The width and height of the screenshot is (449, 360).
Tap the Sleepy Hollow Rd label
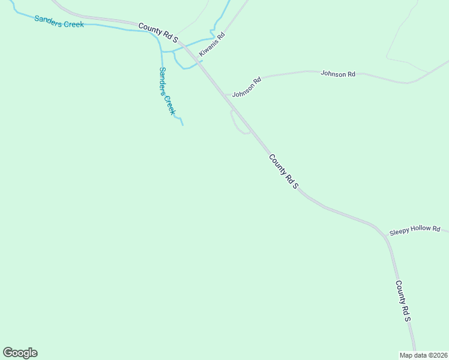coord(415,230)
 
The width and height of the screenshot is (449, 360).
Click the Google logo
coord(20,353)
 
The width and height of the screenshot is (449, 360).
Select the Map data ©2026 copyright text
coord(423,355)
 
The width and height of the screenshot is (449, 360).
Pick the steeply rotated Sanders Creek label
coord(167,91)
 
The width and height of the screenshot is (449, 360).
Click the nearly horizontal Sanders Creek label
coord(59,22)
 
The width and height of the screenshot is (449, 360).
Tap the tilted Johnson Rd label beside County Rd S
coord(247,88)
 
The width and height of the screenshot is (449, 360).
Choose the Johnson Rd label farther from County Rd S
coord(338,74)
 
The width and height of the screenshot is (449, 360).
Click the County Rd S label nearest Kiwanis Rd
coord(158,32)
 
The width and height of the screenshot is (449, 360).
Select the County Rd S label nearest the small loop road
coord(283,172)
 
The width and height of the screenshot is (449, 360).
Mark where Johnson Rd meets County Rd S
coord(223,94)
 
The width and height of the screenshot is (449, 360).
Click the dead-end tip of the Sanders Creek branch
coord(182,125)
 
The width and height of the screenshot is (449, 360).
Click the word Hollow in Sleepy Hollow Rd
coord(419,229)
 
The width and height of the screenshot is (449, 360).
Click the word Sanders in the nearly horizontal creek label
coord(47,20)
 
